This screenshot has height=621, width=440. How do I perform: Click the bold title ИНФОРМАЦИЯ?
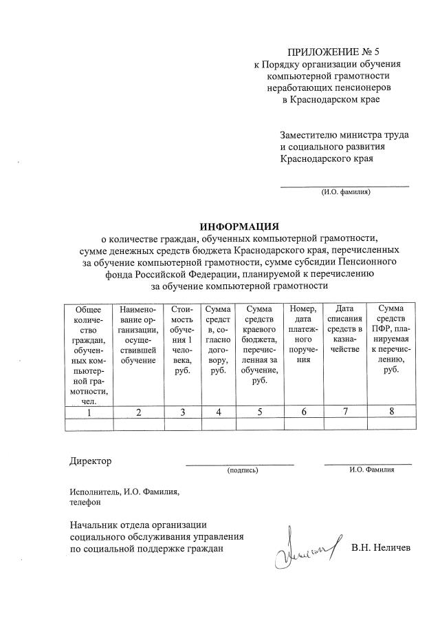coord(239,226)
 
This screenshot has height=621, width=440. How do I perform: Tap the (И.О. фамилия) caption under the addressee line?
coord(346,192)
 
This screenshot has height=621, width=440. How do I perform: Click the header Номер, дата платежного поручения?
coord(303,335)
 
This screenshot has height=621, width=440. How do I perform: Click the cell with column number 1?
coord(88,412)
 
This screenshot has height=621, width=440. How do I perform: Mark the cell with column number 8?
coord(390,412)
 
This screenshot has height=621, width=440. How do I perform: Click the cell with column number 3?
coord(181,412)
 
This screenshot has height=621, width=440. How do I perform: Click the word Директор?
coord(90,461)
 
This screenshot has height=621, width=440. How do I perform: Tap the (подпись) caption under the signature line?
coord(242,471)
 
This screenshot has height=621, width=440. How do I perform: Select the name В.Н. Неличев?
coord(380,548)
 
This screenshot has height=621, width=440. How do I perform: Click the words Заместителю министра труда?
coord(344,135)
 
